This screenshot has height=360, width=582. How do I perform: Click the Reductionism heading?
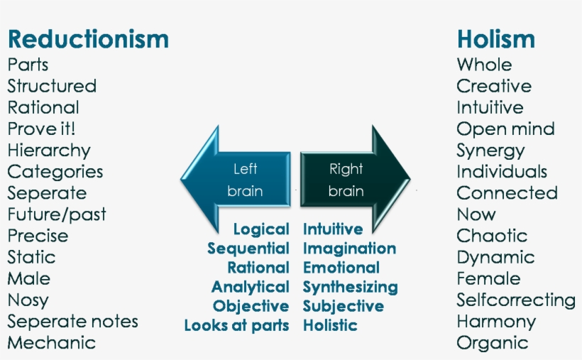tap(88, 38)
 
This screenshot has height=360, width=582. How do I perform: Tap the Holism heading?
tap(495, 38)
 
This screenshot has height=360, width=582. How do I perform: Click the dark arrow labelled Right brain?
tap(353, 180)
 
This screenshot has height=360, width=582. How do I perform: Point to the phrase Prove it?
tap(42, 129)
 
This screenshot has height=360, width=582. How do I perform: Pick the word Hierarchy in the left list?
tap(49, 151)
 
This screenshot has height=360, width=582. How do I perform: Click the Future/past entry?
tap(57, 214)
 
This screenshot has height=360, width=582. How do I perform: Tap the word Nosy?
tap(28, 300)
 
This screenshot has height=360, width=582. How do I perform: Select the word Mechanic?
tap(51, 343)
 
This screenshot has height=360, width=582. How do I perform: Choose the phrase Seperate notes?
tap(72, 321)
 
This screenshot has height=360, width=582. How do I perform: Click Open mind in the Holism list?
tap(505, 129)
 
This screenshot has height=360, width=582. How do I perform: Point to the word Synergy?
tap(490, 151)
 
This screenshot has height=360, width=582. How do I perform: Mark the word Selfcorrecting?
tap(516, 300)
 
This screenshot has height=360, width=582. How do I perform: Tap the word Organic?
tap(492, 343)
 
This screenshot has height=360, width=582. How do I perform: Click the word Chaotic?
tap(492, 236)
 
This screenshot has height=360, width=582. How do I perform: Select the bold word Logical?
tap(260, 229)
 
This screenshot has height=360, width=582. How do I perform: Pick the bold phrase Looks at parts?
tap(236, 326)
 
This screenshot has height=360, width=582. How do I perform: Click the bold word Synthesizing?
tap(350, 288)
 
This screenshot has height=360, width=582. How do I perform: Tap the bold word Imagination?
tap(349, 249)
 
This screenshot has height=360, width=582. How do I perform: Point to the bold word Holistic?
tap(330, 326)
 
